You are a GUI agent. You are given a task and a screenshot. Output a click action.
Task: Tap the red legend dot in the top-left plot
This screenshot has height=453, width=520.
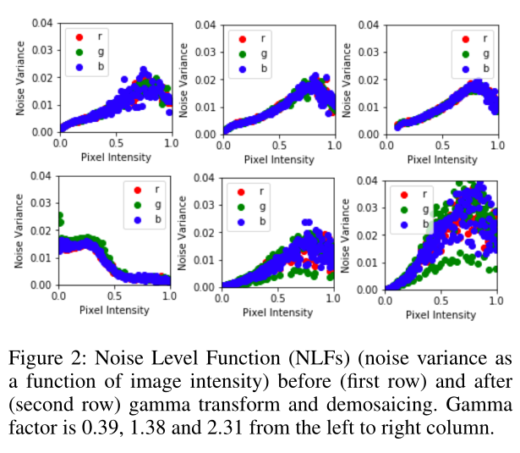pos(79,37)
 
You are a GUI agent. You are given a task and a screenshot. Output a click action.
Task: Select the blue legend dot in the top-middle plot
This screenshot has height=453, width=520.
pos(243,69)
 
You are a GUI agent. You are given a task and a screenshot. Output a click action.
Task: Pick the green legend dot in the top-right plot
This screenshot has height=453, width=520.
pos(464,53)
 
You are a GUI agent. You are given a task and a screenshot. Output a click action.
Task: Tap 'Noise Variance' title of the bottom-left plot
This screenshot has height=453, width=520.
pos(19,229)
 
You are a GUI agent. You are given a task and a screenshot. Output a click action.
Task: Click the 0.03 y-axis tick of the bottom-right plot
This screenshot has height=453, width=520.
pos(368,208)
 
